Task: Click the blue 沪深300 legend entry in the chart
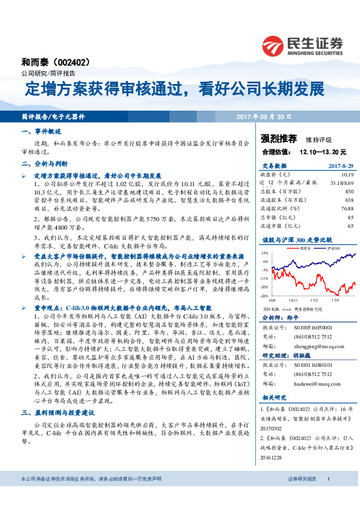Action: [x=331, y=248]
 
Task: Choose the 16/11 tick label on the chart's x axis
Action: [x=292, y=299]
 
